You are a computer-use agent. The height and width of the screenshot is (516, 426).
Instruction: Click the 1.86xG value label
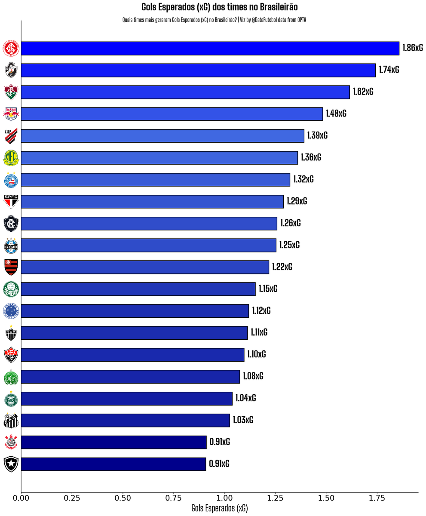(412, 48)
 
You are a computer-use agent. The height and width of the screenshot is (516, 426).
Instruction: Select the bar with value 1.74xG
(198, 70)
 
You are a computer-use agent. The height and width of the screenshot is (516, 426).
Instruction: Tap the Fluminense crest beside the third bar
(11, 92)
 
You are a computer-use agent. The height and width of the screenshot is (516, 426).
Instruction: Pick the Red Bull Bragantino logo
(11, 114)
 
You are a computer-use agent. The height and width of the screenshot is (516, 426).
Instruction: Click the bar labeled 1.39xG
(162, 136)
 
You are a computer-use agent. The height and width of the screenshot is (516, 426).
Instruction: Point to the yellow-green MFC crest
(11, 158)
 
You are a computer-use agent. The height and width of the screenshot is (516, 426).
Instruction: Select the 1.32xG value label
(303, 180)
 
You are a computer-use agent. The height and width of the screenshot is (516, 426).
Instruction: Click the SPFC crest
(11, 202)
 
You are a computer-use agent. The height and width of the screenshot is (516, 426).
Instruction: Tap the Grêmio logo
(11, 246)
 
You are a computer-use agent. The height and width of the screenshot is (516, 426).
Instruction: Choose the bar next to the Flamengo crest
(145, 267)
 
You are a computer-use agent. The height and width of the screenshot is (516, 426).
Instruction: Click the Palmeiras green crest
(11, 289)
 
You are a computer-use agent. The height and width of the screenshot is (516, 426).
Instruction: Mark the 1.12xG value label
(261, 311)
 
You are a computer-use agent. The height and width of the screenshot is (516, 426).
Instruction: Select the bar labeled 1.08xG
(130, 377)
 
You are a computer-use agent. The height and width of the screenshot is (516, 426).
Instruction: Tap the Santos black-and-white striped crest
(11, 421)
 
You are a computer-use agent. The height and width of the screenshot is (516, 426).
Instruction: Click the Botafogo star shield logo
(11, 464)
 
